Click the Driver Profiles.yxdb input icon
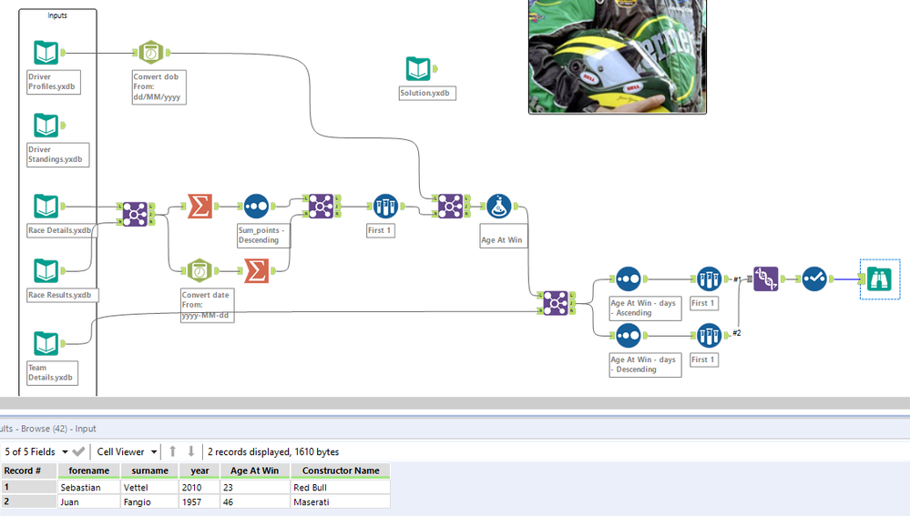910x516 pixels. (x=46, y=53)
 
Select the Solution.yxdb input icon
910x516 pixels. (x=418, y=68)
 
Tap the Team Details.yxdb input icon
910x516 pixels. (x=46, y=344)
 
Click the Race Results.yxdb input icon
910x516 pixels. (x=46, y=271)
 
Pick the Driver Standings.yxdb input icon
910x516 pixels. (x=46, y=126)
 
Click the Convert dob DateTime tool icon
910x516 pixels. (x=150, y=53)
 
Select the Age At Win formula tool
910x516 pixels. (x=498, y=207)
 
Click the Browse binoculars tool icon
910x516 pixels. (x=880, y=278)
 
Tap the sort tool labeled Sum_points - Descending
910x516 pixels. (x=256, y=207)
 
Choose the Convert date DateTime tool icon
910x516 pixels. (x=198, y=270)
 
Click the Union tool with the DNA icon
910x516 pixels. (x=766, y=278)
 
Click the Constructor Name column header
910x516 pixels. (x=341, y=470)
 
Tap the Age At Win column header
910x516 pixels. (x=255, y=470)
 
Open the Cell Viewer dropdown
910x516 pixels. (x=128, y=451)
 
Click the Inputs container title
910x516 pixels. (x=56, y=15)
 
